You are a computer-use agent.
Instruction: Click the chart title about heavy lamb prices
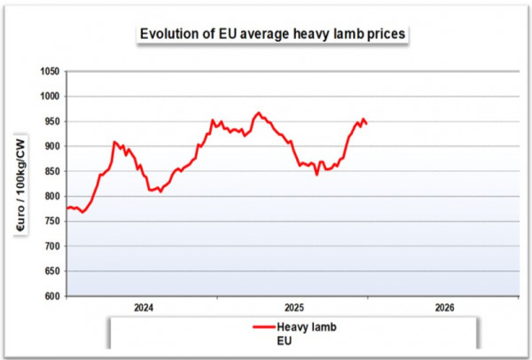272,35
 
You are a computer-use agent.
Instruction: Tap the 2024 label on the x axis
144,308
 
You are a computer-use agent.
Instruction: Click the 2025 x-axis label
294,308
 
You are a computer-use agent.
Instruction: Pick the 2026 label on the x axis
445,308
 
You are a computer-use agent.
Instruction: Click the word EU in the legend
285,340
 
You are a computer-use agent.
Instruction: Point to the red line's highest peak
258,113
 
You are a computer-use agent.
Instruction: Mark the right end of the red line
367,123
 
